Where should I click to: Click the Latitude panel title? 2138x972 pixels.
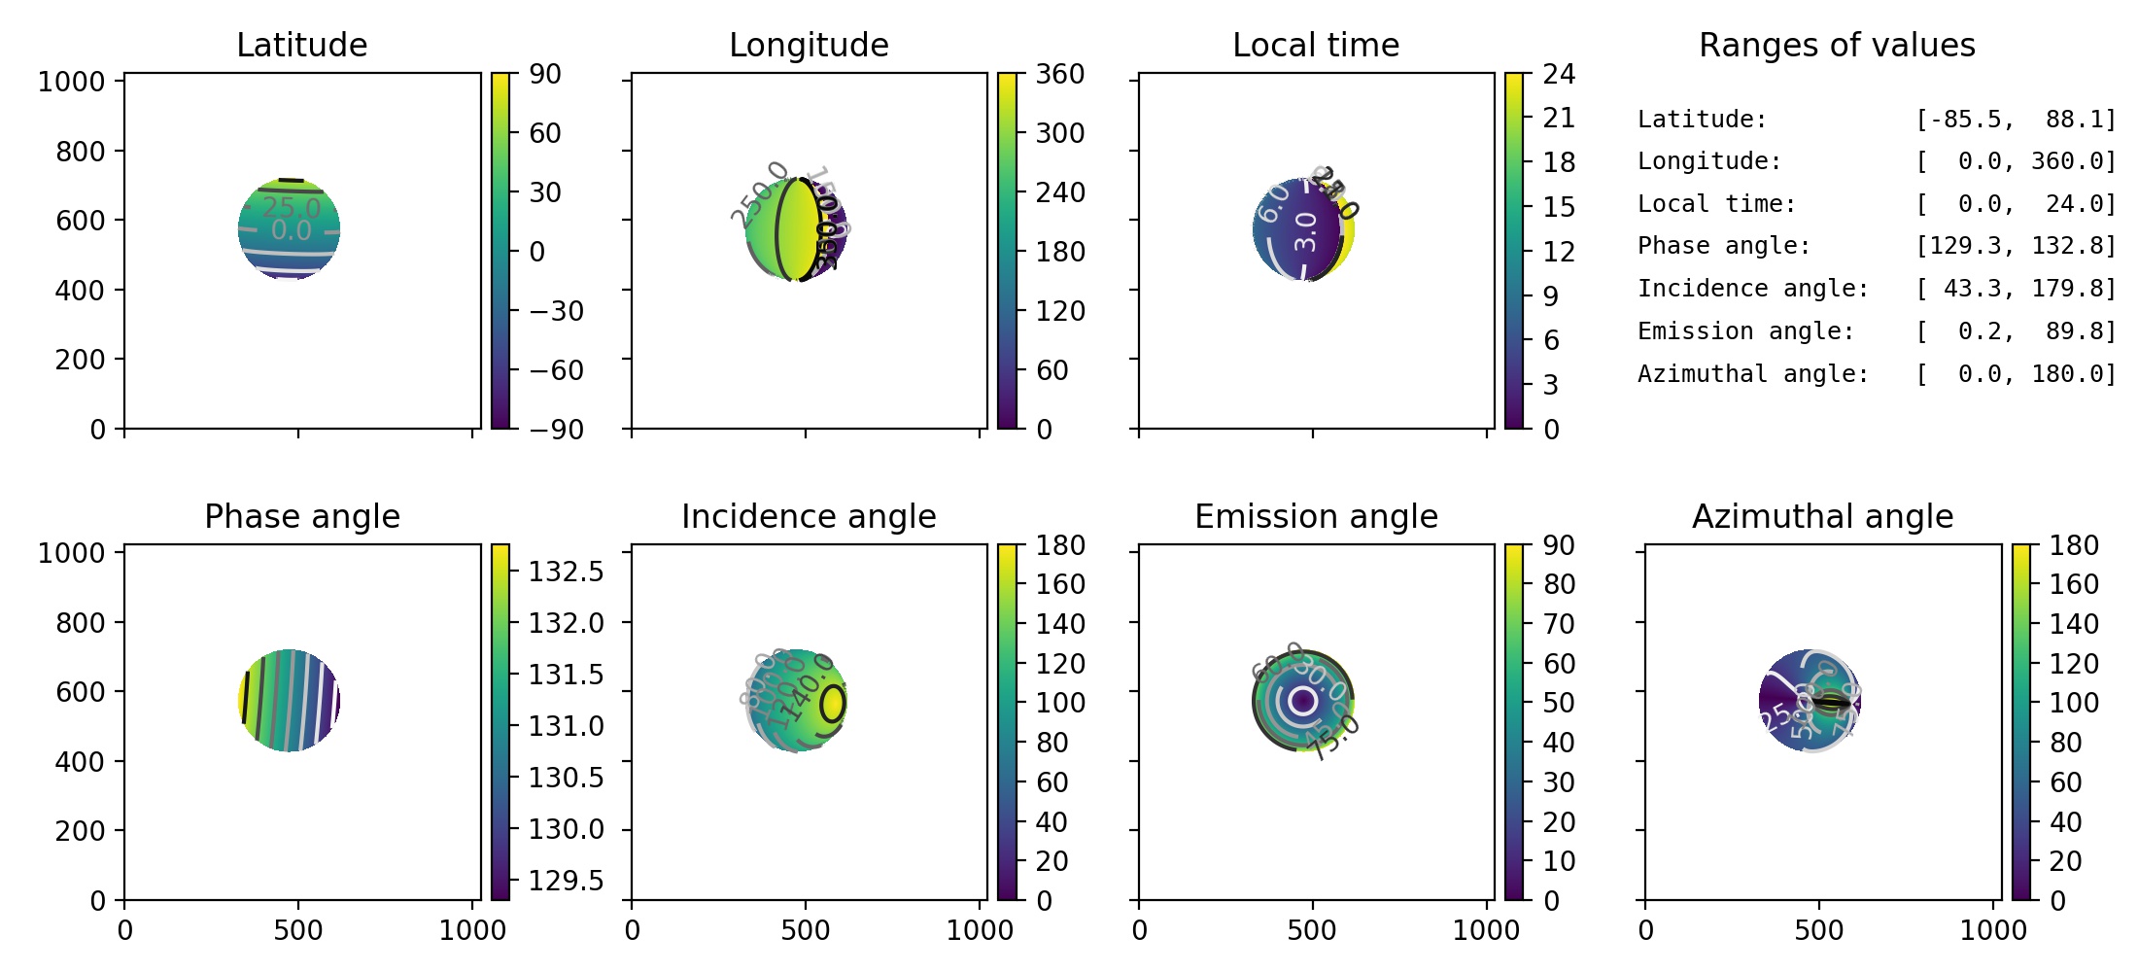pyautogui.click(x=301, y=45)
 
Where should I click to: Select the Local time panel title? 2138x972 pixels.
pyautogui.click(x=1316, y=45)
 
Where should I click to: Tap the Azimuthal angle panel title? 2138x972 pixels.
pyautogui.click(x=1822, y=516)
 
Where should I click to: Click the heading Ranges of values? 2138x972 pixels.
pyautogui.click(x=1837, y=45)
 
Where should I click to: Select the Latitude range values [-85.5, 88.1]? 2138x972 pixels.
pyautogui.click(x=2016, y=120)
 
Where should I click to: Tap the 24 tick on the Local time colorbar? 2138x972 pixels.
pyautogui.click(x=1559, y=74)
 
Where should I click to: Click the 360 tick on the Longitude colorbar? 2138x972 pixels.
pyautogui.click(x=1059, y=74)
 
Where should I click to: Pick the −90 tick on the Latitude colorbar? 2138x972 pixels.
pyautogui.click(x=556, y=429)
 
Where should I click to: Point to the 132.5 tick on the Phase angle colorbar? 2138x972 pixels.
pyautogui.click(x=566, y=571)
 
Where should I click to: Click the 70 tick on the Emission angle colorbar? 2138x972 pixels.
pyautogui.click(x=1559, y=624)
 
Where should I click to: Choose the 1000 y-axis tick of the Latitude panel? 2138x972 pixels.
pyautogui.click(x=71, y=82)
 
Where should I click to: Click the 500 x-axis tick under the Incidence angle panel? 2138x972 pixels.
pyautogui.click(x=805, y=930)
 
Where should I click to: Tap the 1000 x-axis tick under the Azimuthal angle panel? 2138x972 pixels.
pyautogui.click(x=1993, y=930)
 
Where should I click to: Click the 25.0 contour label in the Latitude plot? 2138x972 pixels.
pyautogui.click(x=291, y=207)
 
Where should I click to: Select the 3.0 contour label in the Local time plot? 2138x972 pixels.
pyautogui.click(x=1306, y=231)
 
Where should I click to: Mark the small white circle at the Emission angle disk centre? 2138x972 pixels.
pyautogui.click(x=1302, y=700)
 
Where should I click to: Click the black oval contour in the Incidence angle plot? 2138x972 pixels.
pyautogui.click(x=833, y=703)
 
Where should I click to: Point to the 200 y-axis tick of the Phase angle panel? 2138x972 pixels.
pyautogui.click(x=80, y=831)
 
